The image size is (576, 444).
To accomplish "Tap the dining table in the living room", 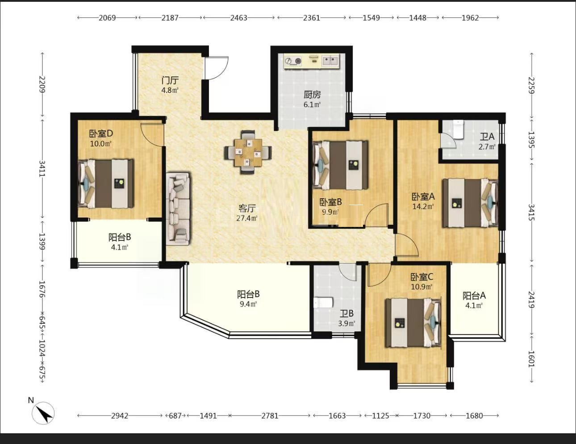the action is click(x=248, y=152).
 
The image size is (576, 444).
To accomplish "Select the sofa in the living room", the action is click(x=178, y=209).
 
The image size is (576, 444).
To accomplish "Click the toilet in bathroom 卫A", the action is click(x=458, y=130).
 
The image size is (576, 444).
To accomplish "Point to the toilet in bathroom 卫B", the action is click(x=323, y=302).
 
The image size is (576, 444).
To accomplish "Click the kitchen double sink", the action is click(x=330, y=61).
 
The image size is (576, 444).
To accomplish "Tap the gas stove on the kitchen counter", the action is click(x=293, y=61).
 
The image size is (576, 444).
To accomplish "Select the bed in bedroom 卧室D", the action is click(x=106, y=184).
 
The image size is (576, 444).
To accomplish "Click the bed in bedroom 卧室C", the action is click(x=413, y=323).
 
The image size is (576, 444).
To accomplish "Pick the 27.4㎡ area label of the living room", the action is click(x=247, y=218).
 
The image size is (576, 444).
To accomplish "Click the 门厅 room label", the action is click(x=170, y=80).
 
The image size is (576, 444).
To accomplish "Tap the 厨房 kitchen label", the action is click(x=312, y=95).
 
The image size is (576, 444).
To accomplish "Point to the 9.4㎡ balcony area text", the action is click(x=248, y=304).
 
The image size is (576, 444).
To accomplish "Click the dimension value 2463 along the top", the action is click(x=239, y=18).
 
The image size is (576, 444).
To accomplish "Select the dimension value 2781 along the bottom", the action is click(x=270, y=416).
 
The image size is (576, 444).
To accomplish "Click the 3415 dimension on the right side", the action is click(x=531, y=212).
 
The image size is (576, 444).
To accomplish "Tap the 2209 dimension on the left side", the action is click(x=42, y=84).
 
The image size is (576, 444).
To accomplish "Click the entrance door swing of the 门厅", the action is click(x=217, y=68).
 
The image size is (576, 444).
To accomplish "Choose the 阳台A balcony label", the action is click(x=474, y=295).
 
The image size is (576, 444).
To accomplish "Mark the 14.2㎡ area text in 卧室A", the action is click(x=423, y=206).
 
